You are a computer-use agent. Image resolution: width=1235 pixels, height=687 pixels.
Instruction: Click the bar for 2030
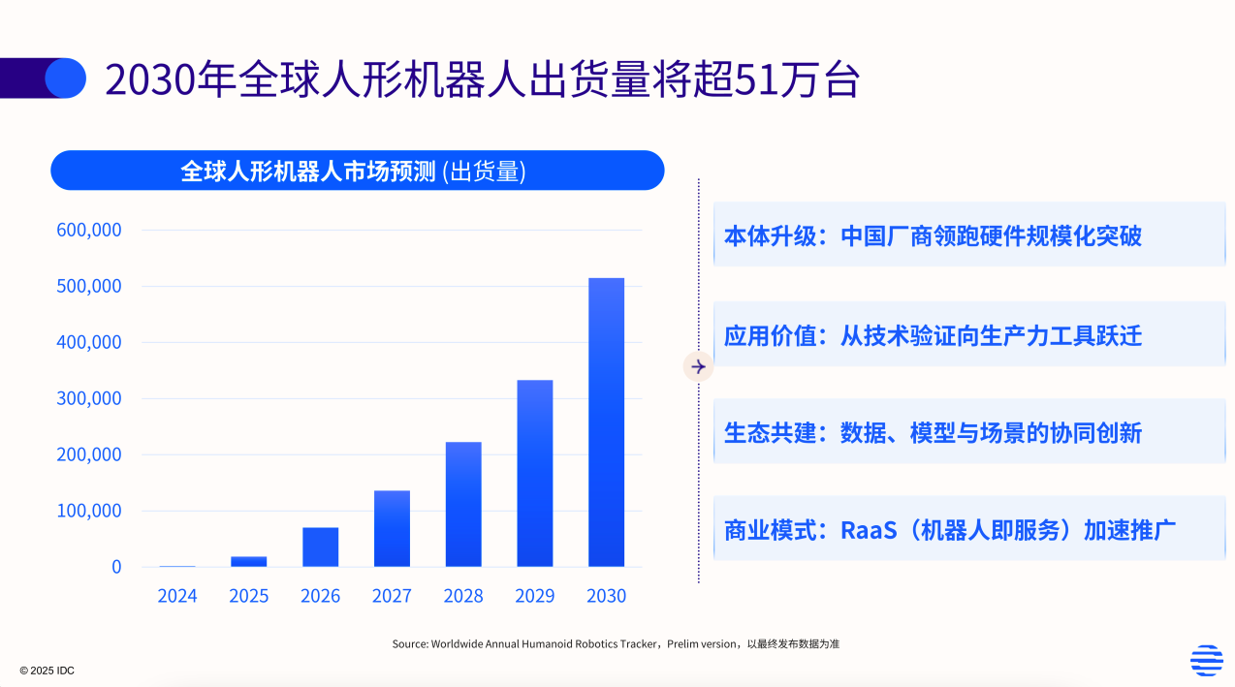coord(606,422)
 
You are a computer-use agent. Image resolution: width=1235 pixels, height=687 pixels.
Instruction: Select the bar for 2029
coord(534,473)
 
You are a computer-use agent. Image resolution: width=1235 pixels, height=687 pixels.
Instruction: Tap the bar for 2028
coord(463,504)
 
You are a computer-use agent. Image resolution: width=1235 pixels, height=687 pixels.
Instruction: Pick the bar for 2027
coord(392,528)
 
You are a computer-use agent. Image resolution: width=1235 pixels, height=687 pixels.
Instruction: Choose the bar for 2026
coord(320,546)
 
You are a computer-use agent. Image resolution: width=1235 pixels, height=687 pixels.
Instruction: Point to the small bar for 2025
coord(248,561)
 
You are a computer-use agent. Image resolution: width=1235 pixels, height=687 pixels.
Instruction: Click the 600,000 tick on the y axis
coord(89,231)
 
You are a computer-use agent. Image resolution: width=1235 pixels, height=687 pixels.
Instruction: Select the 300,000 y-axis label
coord(89,398)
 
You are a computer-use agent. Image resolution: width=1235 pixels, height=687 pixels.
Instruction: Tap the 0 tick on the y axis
coord(116,567)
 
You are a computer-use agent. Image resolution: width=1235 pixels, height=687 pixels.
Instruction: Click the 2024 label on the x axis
coord(177,596)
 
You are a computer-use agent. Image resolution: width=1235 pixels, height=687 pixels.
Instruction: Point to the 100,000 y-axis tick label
coord(89,511)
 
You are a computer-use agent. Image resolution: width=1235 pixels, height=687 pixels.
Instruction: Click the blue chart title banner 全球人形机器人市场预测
coord(357,171)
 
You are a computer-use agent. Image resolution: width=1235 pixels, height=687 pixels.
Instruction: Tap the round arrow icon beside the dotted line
coord(698,366)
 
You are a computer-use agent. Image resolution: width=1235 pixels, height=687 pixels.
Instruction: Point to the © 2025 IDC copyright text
coord(47,671)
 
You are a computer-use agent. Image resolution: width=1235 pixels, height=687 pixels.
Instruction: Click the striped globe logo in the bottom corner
coord(1206,660)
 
